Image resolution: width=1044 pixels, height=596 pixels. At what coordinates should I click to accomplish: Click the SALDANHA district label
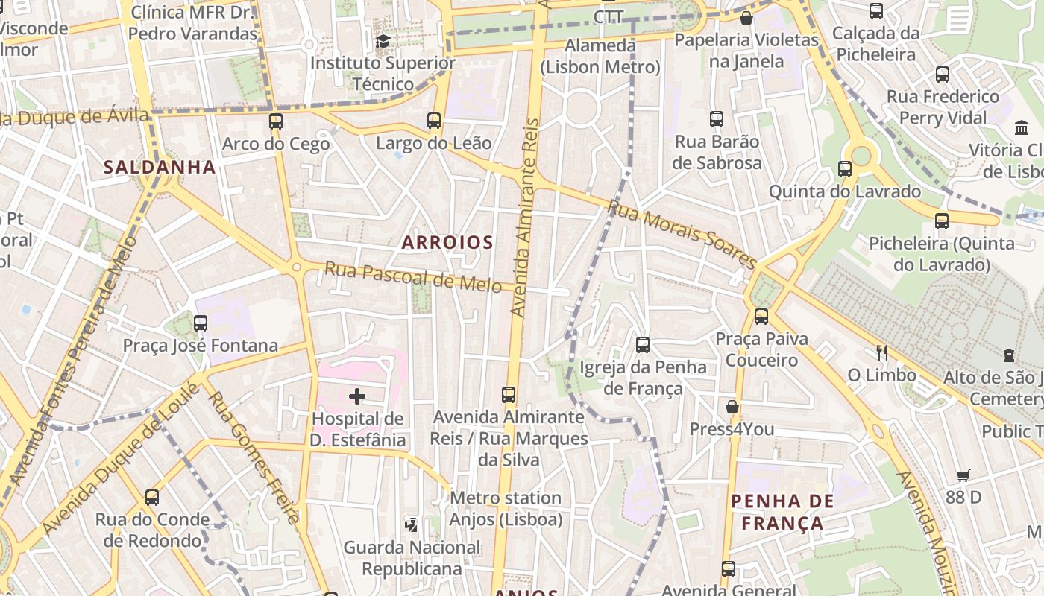pos(160,167)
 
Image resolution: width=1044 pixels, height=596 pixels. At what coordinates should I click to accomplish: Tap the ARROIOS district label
pos(447,242)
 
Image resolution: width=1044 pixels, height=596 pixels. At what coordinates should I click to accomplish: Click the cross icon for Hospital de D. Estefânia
pos(357,396)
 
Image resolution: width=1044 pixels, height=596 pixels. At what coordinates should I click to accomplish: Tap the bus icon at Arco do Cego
pos(276,121)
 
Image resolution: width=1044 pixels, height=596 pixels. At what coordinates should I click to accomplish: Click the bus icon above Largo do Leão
pos(434,120)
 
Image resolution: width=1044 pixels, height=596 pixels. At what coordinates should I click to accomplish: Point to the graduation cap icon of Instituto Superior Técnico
pos(383,41)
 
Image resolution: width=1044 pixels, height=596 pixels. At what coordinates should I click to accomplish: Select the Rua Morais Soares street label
pos(682,234)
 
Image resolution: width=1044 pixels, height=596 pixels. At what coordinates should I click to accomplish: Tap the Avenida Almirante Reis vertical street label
pos(525,216)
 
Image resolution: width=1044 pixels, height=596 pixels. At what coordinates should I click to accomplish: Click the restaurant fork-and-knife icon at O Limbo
pos(882,352)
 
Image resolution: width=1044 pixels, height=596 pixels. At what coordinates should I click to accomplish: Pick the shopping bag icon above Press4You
pos(732,407)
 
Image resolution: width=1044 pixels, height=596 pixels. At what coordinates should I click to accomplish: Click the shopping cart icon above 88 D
pos(963,475)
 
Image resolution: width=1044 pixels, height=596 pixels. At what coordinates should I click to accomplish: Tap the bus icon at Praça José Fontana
pos(200,323)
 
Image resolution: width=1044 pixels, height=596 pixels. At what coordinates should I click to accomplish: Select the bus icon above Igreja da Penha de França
pos(642,344)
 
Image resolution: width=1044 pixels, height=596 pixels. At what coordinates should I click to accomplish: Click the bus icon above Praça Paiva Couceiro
pos(761,316)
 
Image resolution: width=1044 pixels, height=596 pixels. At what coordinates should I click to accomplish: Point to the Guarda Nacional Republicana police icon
pos(412,524)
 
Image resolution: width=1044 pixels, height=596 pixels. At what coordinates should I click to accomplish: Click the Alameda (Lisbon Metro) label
pos(600,57)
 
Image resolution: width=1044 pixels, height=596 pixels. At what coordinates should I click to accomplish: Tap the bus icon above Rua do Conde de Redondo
pos(152,497)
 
